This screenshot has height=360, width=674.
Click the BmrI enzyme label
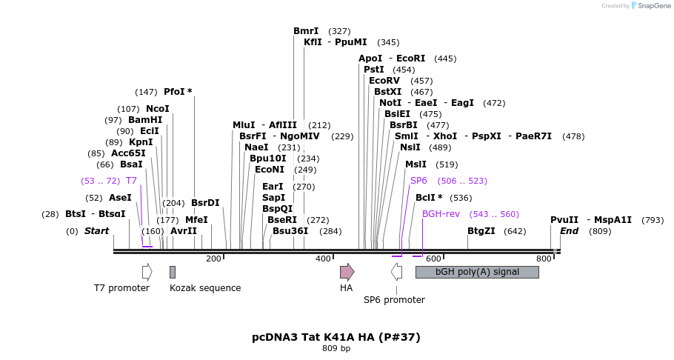(306, 31)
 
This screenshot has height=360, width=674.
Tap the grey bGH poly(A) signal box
(477, 272)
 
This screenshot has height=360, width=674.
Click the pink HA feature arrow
(347, 272)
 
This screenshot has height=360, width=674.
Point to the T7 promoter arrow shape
(147, 272)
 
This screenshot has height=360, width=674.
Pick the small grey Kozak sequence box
(173, 272)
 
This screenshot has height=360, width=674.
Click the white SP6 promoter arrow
(397, 272)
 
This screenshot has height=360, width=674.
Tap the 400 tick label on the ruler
(323, 259)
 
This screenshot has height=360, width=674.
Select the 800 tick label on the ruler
(544, 259)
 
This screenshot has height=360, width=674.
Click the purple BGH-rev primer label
(441, 214)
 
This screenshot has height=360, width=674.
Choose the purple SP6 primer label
(418, 181)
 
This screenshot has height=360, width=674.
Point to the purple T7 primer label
(131, 181)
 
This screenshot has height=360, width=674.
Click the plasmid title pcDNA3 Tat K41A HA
(336, 337)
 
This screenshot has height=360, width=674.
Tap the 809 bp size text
(336, 348)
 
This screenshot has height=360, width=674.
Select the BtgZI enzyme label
(481, 231)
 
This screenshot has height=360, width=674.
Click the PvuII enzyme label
(564, 220)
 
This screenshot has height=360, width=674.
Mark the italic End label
(569, 231)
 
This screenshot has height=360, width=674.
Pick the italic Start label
(96, 231)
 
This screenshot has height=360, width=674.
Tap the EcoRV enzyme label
(384, 81)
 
